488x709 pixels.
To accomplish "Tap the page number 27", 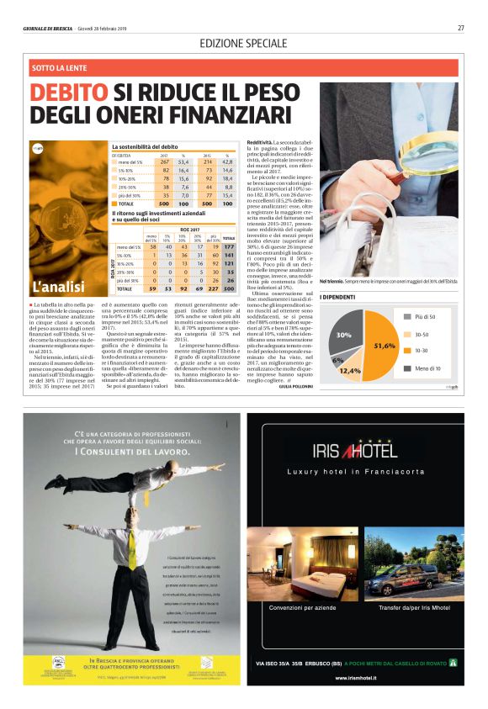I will [x=461, y=28].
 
